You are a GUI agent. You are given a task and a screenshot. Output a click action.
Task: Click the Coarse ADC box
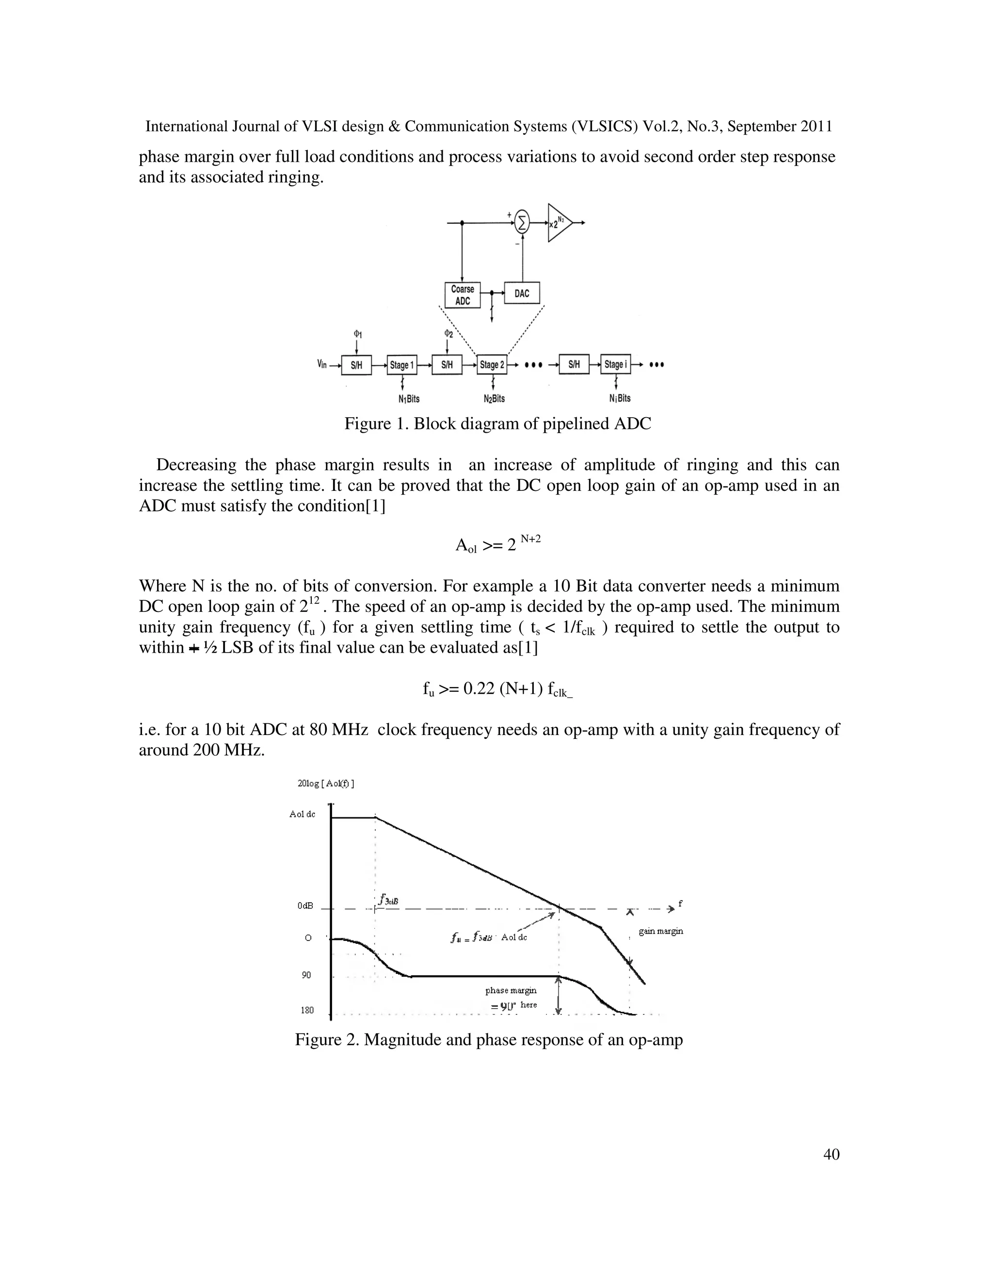[x=463, y=295]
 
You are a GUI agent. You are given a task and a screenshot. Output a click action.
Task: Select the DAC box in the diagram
[x=522, y=293]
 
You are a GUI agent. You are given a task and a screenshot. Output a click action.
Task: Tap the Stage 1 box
[x=402, y=365]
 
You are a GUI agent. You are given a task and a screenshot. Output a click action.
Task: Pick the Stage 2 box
[x=492, y=365]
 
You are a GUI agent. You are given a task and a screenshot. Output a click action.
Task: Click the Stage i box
[x=615, y=364]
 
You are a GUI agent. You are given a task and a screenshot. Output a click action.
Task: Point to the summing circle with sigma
[x=522, y=222]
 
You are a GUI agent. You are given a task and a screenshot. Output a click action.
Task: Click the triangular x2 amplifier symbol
[x=558, y=223]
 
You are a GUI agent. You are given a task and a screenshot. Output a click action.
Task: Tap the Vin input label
[x=322, y=364]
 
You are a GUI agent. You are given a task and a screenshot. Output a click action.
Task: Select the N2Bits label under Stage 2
[x=494, y=399]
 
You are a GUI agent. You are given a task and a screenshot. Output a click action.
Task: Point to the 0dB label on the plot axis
[x=305, y=906]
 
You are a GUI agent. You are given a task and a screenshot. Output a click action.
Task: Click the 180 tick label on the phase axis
[x=307, y=1010]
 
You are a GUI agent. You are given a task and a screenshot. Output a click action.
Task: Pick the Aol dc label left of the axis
[x=303, y=815]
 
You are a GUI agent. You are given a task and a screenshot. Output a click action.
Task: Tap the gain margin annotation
[x=661, y=931]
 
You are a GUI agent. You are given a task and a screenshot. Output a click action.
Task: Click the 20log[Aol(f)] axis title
[x=326, y=783]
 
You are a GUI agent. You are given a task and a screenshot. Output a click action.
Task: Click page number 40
[x=831, y=1155]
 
